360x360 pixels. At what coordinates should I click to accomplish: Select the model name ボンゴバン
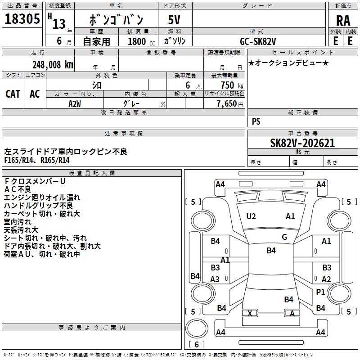coord(117,20)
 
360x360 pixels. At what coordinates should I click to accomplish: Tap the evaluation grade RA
coord(343,20)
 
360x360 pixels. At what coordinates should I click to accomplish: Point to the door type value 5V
coord(175,20)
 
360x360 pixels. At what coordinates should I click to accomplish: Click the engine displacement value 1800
coord(137,41)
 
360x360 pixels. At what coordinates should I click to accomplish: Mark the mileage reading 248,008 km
coord(53,64)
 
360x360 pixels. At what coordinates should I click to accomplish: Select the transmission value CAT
coord(13,94)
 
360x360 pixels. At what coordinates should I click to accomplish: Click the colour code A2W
coord(74,103)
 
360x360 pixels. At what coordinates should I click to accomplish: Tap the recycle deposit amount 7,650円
coord(230,103)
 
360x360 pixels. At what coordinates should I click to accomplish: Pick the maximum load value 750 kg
coord(229,85)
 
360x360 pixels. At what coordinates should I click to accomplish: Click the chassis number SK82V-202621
coord(302,143)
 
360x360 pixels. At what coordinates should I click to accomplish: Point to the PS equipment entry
coord(256,121)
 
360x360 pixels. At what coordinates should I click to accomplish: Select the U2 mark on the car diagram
coord(251,216)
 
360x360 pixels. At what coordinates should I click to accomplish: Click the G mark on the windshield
coord(284,237)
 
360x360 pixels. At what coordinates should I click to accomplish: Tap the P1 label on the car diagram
coord(320,292)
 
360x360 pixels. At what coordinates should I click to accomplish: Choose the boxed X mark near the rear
coord(250,313)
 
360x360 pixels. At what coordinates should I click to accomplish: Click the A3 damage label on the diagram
coord(215,279)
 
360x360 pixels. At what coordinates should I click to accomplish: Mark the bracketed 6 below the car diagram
coord(197,344)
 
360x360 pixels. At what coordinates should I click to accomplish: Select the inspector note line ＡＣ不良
coord(18,189)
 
